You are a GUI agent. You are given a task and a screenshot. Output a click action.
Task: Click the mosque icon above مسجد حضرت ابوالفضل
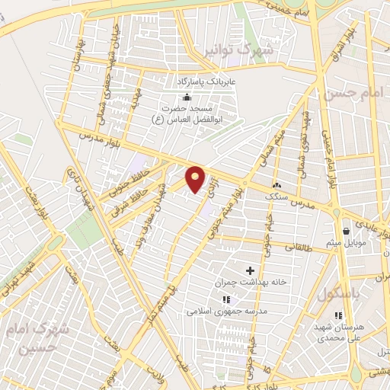coord(187,96)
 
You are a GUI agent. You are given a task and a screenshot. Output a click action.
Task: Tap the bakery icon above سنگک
coord(277,185)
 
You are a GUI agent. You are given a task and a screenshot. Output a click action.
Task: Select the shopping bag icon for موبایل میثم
coord(347,231)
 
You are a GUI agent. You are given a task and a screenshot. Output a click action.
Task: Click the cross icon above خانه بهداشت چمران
coord(250,270)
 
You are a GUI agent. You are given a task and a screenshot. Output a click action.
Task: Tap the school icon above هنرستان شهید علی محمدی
coord(339,315)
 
